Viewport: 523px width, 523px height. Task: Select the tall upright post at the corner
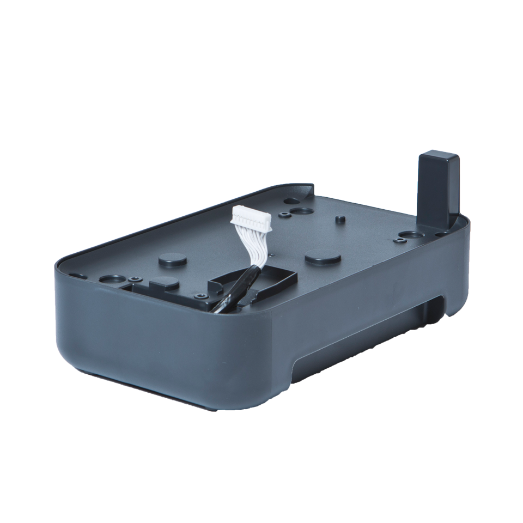[x=439, y=188]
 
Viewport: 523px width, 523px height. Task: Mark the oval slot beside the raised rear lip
[x=289, y=200]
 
